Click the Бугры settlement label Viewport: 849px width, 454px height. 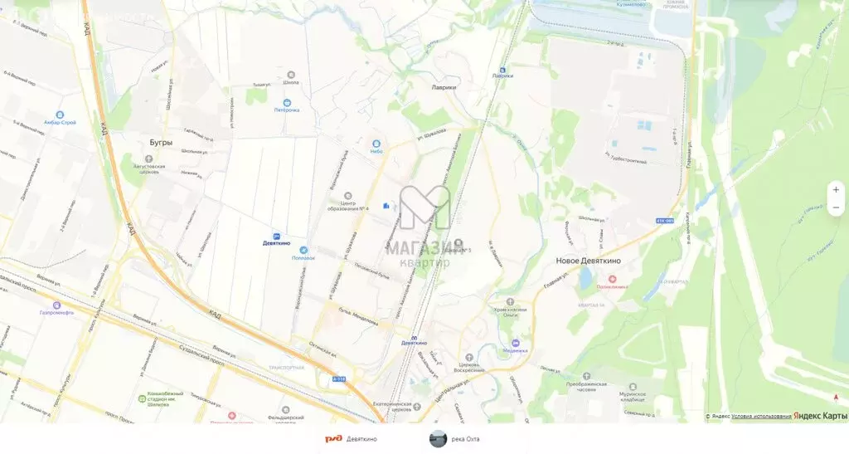161,143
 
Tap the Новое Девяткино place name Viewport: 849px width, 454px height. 588,261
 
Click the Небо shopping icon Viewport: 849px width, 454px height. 376,143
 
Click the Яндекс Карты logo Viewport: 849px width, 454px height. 820,416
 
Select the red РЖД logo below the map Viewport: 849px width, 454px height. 332,439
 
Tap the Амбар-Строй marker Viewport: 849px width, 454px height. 60,115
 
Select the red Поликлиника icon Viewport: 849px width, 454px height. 612,279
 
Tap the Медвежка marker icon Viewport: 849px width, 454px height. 514,341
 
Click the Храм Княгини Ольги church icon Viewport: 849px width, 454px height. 510,302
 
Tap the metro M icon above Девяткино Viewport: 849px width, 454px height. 415,334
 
